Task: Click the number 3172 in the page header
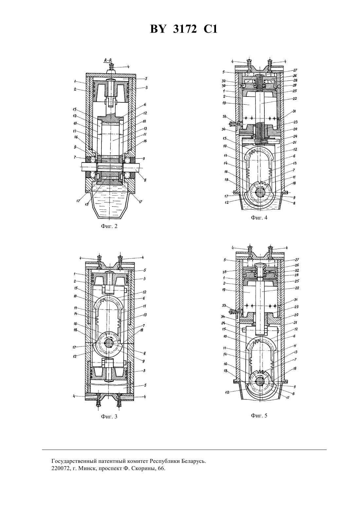pyautogui.click(x=185, y=29)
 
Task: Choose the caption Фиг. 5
pyautogui.click(x=259, y=416)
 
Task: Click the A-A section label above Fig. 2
pyautogui.click(x=108, y=60)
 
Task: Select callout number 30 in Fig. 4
pyautogui.click(x=224, y=86)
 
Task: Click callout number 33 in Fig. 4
pyautogui.click(x=225, y=117)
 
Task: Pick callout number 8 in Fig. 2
pyautogui.click(x=145, y=180)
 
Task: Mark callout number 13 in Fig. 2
pyautogui.click(x=145, y=129)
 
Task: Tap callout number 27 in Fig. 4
pyautogui.click(x=295, y=70)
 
